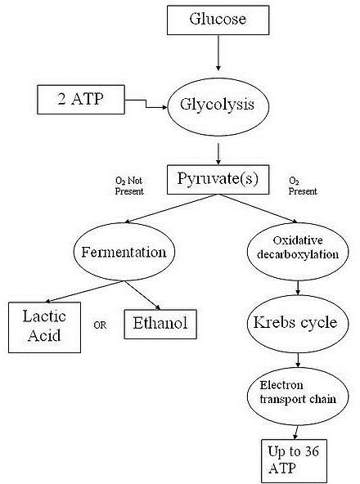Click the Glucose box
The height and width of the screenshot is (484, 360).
(x=218, y=20)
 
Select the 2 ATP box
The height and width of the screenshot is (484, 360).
(x=81, y=100)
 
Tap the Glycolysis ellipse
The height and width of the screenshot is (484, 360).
(x=218, y=107)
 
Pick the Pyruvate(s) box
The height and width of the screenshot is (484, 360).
(x=218, y=180)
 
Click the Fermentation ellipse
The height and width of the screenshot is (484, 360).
(x=124, y=252)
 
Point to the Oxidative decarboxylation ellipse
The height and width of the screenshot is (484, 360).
(x=298, y=252)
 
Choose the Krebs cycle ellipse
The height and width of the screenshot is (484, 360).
(x=298, y=324)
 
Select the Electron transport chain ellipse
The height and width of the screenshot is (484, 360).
(x=298, y=397)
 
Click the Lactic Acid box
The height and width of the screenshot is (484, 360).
(x=44, y=327)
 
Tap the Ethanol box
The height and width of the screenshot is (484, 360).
(x=160, y=324)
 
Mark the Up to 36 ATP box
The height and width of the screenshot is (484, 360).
(x=294, y=461)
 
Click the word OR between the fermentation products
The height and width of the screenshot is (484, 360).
(x=100, y=325)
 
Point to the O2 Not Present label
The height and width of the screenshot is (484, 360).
(x=129, y=186)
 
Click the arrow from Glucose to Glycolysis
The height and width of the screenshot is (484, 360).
(x=218, y=53)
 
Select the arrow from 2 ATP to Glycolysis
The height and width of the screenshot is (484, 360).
(x=146, y=104)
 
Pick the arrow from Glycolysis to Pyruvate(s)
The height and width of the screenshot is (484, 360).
(x=218, y=154)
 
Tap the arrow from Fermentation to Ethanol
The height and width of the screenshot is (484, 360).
(x=142, y=295)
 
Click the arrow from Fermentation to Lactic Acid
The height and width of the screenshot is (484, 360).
(x=84, y=291)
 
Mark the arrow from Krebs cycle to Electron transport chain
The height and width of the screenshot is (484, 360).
(x=298, y=361)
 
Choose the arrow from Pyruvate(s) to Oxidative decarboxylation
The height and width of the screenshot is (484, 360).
(x=258, y=208)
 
